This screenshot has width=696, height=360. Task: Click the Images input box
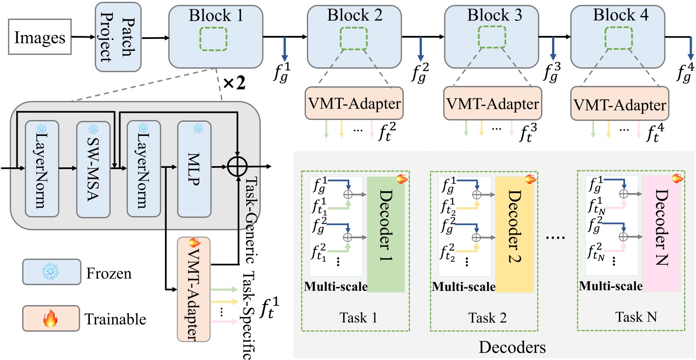(40, 37)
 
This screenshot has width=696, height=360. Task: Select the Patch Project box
(118, 37)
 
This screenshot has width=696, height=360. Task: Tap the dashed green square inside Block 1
(213, 39)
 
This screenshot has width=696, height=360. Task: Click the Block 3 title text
(494, 15)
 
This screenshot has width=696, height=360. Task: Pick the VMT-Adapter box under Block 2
(354, 104)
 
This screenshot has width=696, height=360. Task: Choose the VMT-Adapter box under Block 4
(619, 105)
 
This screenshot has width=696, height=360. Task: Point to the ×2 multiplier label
(234, 83)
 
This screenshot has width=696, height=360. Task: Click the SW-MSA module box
(93, 169)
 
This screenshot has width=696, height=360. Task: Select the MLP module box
(194, 169)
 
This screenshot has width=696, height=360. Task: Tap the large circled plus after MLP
(237, 167)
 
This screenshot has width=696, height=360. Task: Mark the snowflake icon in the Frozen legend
(50, 272)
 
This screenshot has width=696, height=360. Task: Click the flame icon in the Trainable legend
(50, 318)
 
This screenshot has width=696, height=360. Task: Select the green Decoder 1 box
(386, 234)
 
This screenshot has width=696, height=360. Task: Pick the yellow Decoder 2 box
(514, 234)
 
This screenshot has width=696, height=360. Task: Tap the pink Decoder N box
(661, 234)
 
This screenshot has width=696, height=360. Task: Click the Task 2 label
(487, 317)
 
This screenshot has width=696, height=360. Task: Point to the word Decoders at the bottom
(512, 347)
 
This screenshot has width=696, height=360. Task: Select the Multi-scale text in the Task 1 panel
(336, 286)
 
